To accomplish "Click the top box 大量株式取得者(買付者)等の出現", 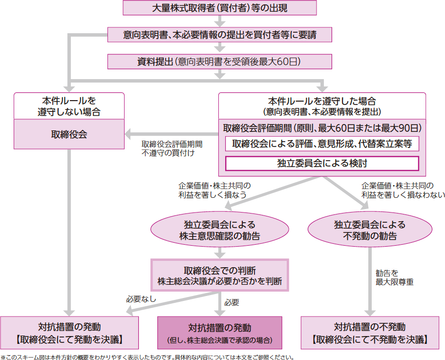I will (220, 8).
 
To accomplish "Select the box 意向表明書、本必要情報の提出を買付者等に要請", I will (220, 35).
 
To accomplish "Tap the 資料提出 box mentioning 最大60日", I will (220, 62).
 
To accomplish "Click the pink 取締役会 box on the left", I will (69, 134).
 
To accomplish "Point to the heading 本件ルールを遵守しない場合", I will (69, 106).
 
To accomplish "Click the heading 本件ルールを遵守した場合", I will (322, 106).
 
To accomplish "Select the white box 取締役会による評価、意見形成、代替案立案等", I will (322, 144).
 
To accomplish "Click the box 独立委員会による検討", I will (322, 163).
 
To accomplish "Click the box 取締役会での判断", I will (219, 275).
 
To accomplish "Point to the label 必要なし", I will (141, 298).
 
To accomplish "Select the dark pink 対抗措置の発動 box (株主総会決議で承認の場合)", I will (220, 333).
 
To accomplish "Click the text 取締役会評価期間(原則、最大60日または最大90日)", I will (322, 128).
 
